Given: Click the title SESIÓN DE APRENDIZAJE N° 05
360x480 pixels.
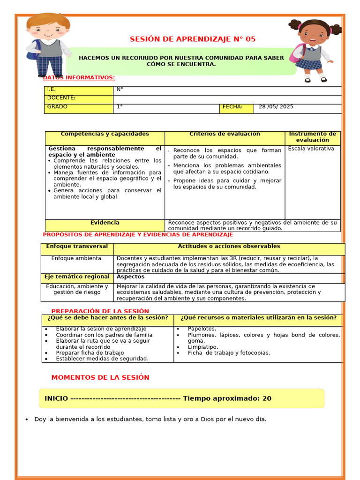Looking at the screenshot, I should pos(192,39).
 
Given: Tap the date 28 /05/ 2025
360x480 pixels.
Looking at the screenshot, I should pos(276,107).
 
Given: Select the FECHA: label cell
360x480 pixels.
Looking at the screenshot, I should pos(237,107).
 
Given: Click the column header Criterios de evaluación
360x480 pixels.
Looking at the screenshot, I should pos(225,134).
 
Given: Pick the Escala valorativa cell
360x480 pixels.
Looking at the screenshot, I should pos(311,149).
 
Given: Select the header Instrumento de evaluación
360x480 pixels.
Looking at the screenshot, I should pos(312,137).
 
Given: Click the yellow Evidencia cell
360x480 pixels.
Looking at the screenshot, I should pos(105,223).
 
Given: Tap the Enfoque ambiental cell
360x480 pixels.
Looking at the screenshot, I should pos(77,258).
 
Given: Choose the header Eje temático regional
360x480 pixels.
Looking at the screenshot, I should pos(77,277).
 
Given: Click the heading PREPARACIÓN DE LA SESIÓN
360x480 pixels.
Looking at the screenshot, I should pos(100,311).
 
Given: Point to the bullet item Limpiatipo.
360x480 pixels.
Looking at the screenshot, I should pos(203,347).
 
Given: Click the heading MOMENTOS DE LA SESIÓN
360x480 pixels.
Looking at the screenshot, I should pos(100,377).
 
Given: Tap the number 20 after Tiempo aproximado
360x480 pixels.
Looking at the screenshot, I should pos(267,398).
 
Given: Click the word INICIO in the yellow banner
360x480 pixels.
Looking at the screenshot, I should pos(56,398).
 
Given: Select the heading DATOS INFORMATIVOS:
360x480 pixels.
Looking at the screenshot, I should pos(79,78).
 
